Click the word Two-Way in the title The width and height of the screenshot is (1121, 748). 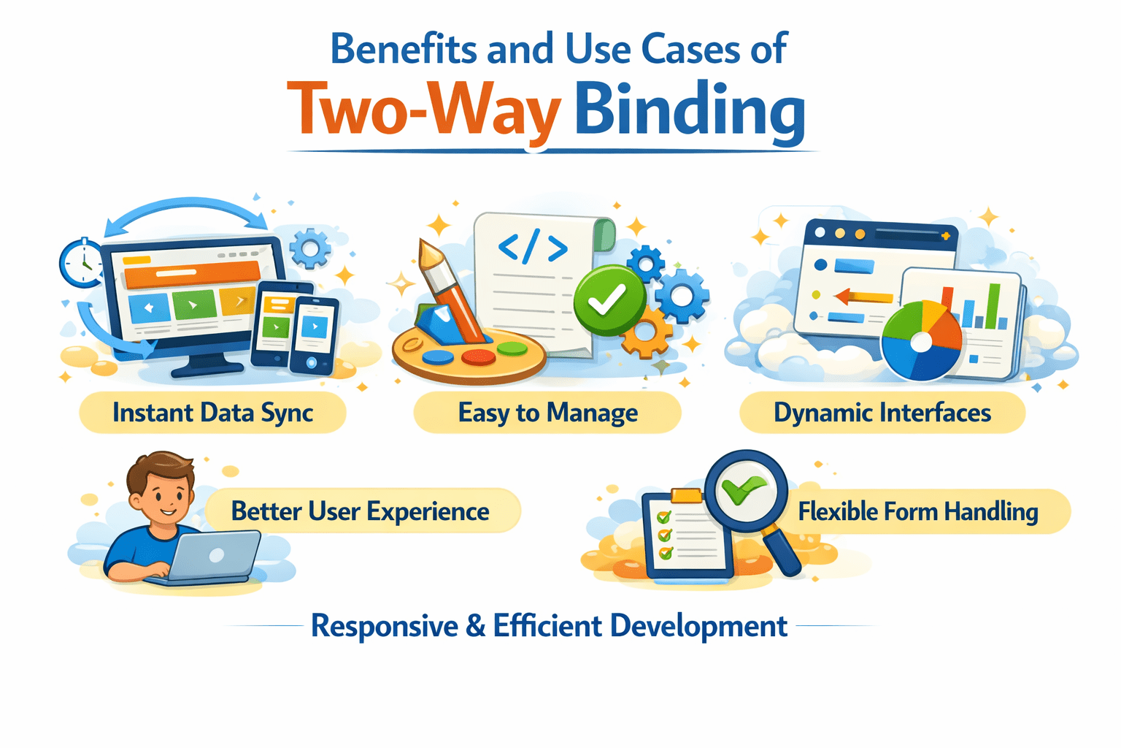pos(424,110)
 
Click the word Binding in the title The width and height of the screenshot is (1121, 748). pos(690,110)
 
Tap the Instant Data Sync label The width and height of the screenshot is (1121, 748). pos(212,413)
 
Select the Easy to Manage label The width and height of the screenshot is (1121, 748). pos(547,413)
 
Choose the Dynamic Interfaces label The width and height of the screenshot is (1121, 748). pos(882,413)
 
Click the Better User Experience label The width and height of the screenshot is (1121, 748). pos(360,511)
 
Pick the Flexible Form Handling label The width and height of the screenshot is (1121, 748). pos(917,511)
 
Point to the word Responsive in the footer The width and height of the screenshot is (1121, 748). pos(385,626)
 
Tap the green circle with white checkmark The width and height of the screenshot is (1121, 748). pos(608,299)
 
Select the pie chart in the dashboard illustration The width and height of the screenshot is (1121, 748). pos(921,340)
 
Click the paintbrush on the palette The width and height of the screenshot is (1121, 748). pos(452,292)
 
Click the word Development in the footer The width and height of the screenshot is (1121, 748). pos(698,626)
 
